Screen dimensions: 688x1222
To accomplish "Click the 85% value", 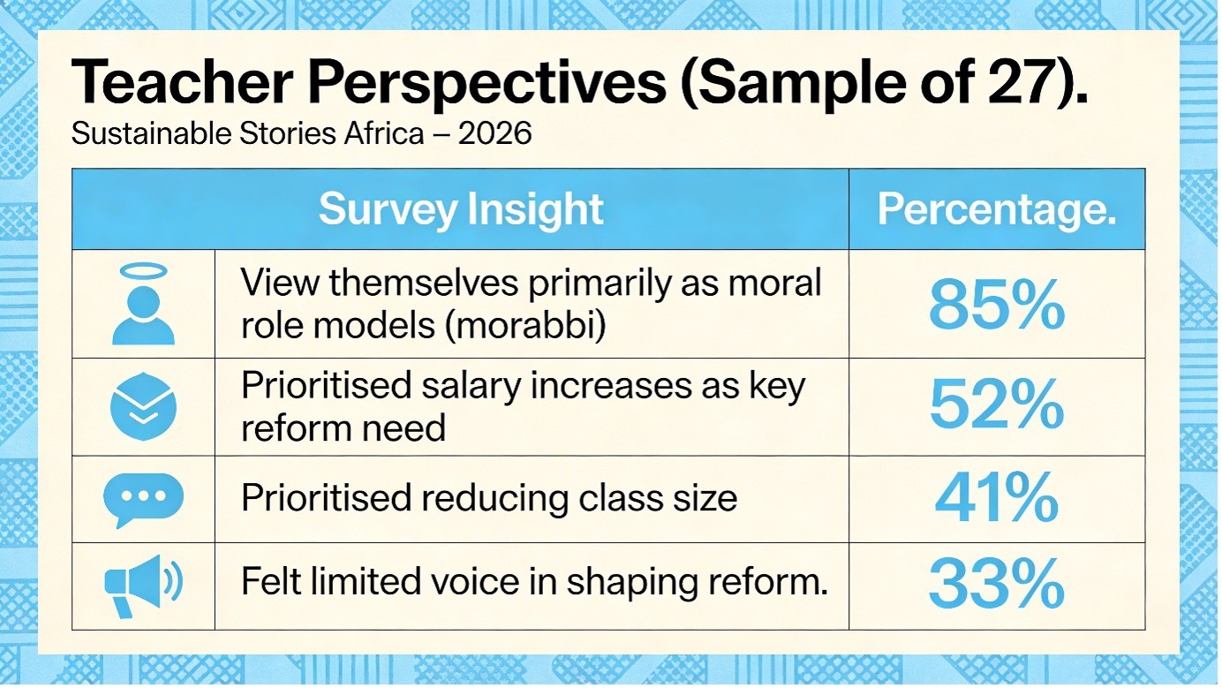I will [x=996, y=306].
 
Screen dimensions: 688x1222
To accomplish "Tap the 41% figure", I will [x=996, y=497].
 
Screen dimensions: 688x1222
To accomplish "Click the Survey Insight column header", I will [x=460, y=210].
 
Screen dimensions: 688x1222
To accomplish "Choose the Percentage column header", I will [x=996, y=210].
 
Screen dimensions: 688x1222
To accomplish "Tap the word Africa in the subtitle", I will [x=423, y=136].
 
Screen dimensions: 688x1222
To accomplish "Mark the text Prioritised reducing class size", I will [x=488, y=499].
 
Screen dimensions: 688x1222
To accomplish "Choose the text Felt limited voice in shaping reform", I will [x=534, y=583].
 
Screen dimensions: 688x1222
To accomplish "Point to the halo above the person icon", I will [x=143, y=271].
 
